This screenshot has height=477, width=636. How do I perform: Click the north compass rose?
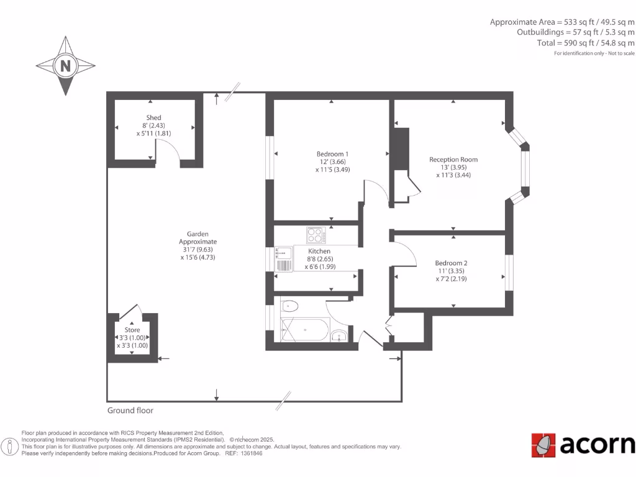click(65, 65)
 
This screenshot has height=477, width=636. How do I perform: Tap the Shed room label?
click(153, 117)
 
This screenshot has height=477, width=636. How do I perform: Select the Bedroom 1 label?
click(332, 154)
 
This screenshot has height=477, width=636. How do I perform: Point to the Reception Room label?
click(453, 160)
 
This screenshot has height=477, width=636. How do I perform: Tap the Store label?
click(132, 330)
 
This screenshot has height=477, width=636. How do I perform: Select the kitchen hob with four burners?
click(316, 235)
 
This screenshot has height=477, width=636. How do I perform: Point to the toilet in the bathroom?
click(289, 306)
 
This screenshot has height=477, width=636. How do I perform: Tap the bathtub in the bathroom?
click(304, 330)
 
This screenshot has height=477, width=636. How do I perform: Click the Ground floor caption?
click(130, 411)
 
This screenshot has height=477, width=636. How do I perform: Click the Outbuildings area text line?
click(576, 32)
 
